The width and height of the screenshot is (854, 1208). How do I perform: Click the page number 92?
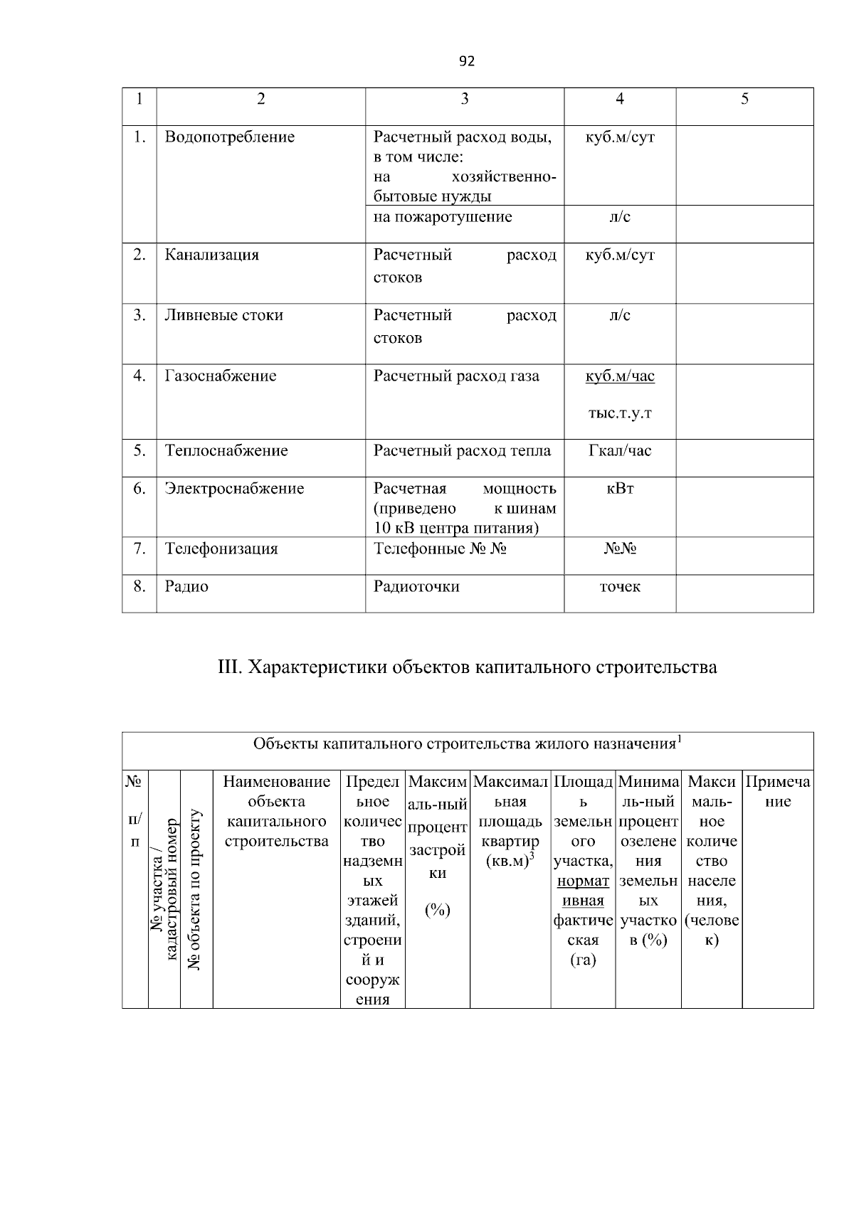pos(466,61)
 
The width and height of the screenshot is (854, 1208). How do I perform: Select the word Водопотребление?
pos(229,137)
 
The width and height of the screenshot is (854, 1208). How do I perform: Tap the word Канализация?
pos(211,255)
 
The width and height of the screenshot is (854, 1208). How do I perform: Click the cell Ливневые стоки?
pos(223,315)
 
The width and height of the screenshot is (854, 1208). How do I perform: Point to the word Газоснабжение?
pos(220,376)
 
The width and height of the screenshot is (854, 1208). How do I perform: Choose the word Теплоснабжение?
pos(226,450)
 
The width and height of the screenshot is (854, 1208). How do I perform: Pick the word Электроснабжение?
pos(234,489)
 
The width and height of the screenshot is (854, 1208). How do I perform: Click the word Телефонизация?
pos(221,549)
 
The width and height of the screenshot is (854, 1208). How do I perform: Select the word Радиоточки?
pos(416,586)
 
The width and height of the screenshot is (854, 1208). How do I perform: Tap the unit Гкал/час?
pos(620,450)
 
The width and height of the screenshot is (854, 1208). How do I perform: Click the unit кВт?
pos(620,489)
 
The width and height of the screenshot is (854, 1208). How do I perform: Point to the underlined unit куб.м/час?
pos(620,376)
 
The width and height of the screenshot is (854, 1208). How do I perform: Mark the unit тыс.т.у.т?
pos(620,413)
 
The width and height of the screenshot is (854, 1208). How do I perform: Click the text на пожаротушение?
pos(443,217)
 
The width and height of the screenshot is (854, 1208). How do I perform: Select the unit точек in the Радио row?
pos(620,586)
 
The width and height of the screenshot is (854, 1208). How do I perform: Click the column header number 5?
pos(744,99)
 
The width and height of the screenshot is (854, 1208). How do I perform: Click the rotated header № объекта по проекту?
pos(196,889)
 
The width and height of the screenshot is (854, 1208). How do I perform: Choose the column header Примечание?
pos(778,792)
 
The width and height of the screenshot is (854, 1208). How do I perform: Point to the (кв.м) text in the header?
pos(508,862)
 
